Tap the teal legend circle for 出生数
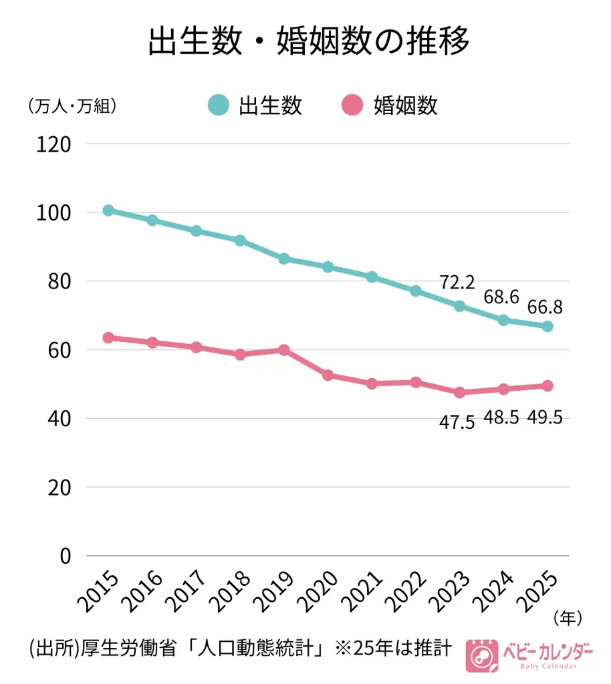[218, 106]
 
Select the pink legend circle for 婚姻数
[352, 106]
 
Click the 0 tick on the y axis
[65, 556]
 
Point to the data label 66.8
[544, 307]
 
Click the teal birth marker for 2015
[108, 210]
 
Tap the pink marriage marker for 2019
[284, 350]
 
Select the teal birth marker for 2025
[547, 326]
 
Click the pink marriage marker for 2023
[459, 393]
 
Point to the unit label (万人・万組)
[70, 106]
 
